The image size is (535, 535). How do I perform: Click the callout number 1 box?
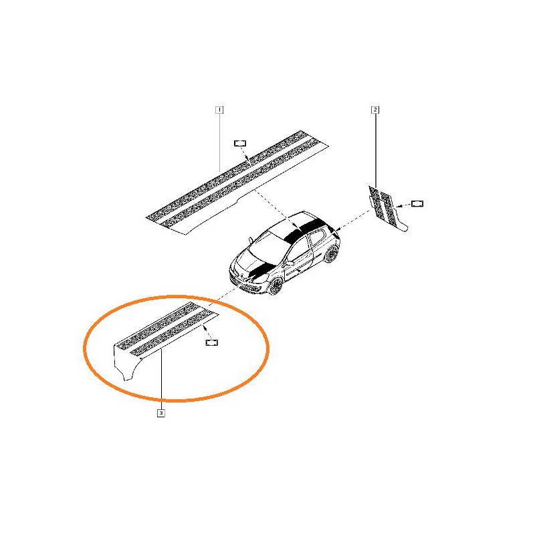point(219,110)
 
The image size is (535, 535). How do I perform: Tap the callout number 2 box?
point(375,110)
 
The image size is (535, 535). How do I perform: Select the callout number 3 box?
point(161,413)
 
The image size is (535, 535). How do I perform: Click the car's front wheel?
point(275,286)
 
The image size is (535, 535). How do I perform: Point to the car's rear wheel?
point(330,254)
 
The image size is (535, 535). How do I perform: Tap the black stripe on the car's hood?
point(260,270)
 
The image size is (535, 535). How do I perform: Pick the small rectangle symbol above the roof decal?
point(240,143)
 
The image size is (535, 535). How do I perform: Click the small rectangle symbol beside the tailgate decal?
point(417,204)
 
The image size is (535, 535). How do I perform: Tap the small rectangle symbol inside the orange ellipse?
point(211,342)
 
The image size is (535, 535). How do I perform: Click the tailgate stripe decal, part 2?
point(388,209)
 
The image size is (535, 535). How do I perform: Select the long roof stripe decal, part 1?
point(237,183)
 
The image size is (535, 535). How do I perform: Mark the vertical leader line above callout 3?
point(161,380)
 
